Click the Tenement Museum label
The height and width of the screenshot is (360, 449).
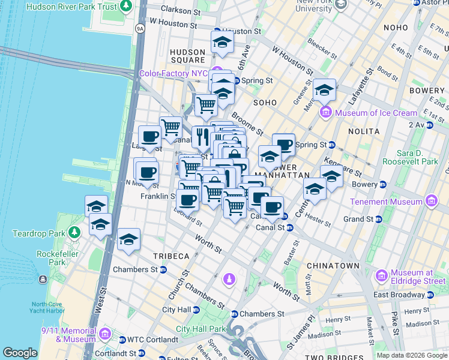point(386,202)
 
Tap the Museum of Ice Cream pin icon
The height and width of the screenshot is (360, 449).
point(326,112)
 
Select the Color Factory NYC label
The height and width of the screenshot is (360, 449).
point(173,73)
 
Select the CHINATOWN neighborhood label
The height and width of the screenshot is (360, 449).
point(333,265)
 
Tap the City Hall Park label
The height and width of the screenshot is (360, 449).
point(200,329)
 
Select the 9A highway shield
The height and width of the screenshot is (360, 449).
point(140,28)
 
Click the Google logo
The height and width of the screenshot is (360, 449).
point(20,353)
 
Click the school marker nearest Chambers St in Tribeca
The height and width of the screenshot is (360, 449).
point(128,240)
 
